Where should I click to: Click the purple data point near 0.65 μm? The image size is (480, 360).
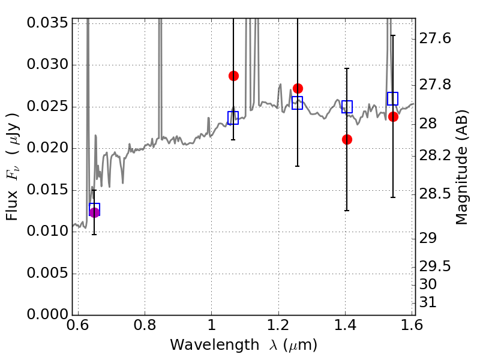coord(94,212)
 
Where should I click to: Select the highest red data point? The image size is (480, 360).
coord(233,76)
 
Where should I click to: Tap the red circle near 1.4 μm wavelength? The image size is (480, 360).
coord(347,140)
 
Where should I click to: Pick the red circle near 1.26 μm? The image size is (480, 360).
coord(298,89)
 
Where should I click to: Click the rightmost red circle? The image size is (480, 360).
coord(393,116)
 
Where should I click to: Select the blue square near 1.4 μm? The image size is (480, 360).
coord(347,107)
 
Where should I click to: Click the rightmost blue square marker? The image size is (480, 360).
coord(392,98)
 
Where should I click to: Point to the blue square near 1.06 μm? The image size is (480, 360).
coord(233,118)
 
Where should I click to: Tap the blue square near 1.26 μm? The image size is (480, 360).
coord(297,103)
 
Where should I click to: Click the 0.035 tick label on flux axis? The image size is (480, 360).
coord(47,23)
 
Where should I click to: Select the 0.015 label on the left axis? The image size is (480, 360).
coord(47,190)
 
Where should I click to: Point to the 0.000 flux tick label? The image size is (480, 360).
coord(47,314)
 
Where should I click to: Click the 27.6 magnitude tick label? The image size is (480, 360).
coord(434,39)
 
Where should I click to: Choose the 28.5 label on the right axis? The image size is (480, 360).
coord(434,194)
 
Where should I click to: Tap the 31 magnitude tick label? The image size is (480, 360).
coord(428,302)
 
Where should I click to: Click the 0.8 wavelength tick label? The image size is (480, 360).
coord(145,325)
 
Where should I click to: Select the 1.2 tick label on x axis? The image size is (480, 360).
coord(278,325)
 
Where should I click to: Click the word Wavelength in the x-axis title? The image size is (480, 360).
coord(215,345)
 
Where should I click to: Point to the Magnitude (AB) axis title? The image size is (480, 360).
coord(462,167)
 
